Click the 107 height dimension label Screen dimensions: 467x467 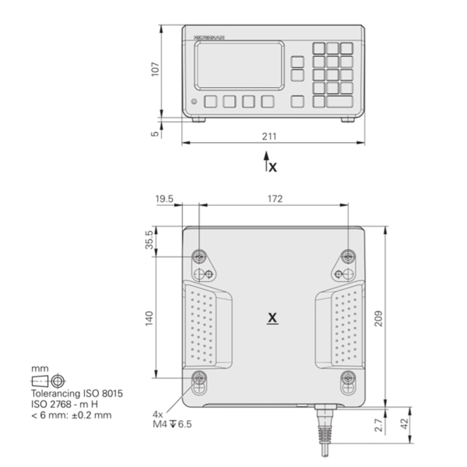(x=156, y=68)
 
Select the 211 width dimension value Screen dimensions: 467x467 (x=268, y=136)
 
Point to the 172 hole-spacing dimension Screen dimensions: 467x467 (x=275, y=199)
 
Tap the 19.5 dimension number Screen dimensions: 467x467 (x=165, y=199)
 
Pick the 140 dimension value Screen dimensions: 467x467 (x=149, y=316)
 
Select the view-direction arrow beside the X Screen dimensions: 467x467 (x=266, y=161)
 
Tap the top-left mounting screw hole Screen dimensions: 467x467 (x=199, y=256)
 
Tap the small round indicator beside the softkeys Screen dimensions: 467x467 (x=194, y=101)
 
